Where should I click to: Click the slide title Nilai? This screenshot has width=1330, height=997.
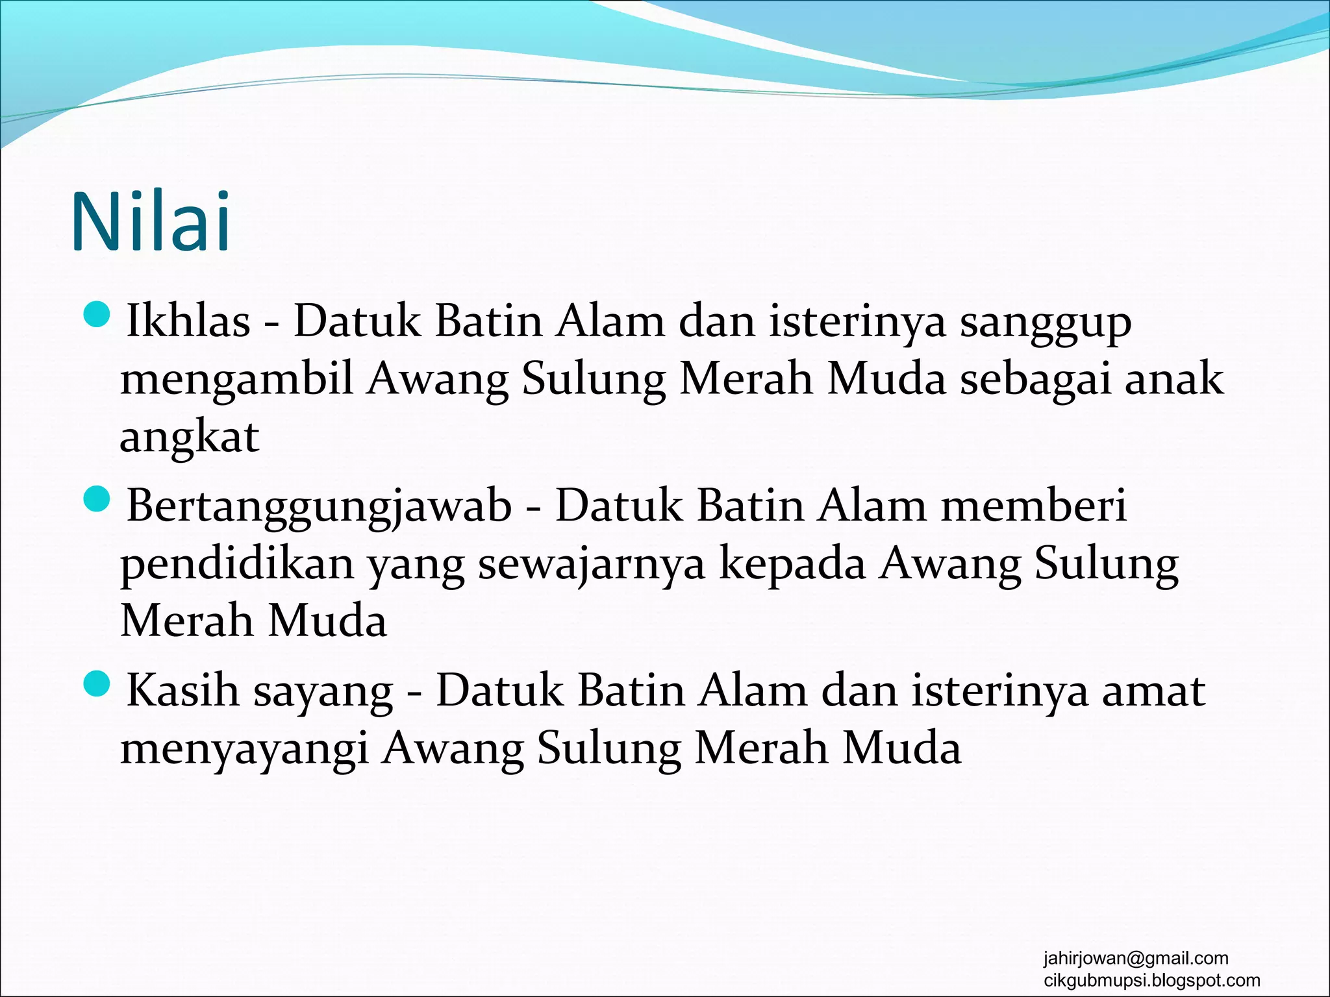point(151,222)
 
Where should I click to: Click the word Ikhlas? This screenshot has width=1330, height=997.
point(188,321)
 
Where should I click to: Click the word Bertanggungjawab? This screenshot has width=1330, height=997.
point(319,506)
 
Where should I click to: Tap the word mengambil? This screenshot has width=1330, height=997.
point(237,379)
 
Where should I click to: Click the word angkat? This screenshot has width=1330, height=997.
point(189,437)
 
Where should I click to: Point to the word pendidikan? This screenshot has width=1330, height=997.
point(237,563)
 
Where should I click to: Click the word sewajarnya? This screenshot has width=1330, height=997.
point(591,563)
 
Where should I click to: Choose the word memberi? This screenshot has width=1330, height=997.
point(1034,506)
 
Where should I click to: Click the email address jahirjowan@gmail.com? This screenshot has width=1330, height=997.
point(1136,958)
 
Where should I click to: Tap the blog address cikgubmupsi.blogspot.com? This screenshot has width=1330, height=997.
point(1151,980)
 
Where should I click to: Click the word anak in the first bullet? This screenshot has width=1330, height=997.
point(1174,379)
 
